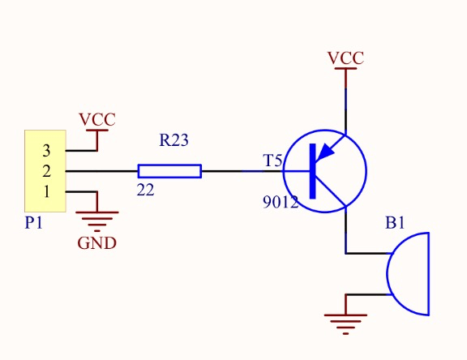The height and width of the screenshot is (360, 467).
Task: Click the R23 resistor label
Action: [x=174, y=140]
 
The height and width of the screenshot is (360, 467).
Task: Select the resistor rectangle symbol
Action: [x=169, y=171]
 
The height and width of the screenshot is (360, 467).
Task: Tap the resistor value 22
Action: [x=146, y=190]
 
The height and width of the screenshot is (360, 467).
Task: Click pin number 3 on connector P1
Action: [x=46, y=151]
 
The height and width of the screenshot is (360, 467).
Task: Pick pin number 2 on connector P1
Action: [x=46, y=171]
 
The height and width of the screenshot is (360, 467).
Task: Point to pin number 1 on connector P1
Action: [x=46, y=192]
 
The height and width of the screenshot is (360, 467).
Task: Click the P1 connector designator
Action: [x=34, y=222]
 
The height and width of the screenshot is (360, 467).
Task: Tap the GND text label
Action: [x=96, y=243]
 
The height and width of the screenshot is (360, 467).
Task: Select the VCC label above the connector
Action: [x=97, y=119]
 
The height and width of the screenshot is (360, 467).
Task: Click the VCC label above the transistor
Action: [x=345, y=58]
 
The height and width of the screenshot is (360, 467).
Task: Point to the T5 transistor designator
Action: [x=272, y=161]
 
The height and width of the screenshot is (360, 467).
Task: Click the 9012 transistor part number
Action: [x=281, y=202]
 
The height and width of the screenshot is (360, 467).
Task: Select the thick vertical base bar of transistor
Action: [x=312, y=171]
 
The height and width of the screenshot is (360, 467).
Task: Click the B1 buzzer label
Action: [x=395, y=223]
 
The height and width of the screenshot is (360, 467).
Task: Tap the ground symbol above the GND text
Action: [x=97, y=221]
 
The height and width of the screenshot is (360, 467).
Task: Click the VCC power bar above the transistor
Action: [x=345, y=68]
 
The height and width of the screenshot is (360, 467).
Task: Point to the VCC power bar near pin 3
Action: [x=97, y=130]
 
